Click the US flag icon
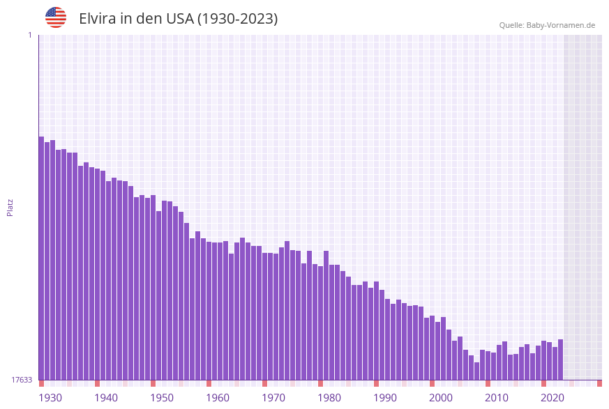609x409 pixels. [x=56, y=17]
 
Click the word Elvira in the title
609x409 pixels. [x=97, y=19]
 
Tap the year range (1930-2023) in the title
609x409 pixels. [x=237, y=19]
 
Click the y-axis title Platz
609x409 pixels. [x=10, y=207]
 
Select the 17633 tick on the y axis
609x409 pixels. [x=22, y=380]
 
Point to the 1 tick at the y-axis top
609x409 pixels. [x=29, y=35]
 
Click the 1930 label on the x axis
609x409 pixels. [x=50, y=398]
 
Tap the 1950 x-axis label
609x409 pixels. [x=162, y=398]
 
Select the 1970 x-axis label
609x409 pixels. [x=273, y=398]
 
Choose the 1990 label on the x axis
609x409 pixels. [x=385, y=398]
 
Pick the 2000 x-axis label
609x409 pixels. [x=441, y=398]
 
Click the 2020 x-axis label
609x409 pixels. [x=552, y=398]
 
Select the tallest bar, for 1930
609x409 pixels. [x=42, y=258]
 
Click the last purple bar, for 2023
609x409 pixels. [x=561, y=360]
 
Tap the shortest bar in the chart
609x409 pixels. [x=477, y=371]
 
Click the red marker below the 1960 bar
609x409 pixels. [x=209, y=383]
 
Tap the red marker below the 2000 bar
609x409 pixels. [x=433, y=383]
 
